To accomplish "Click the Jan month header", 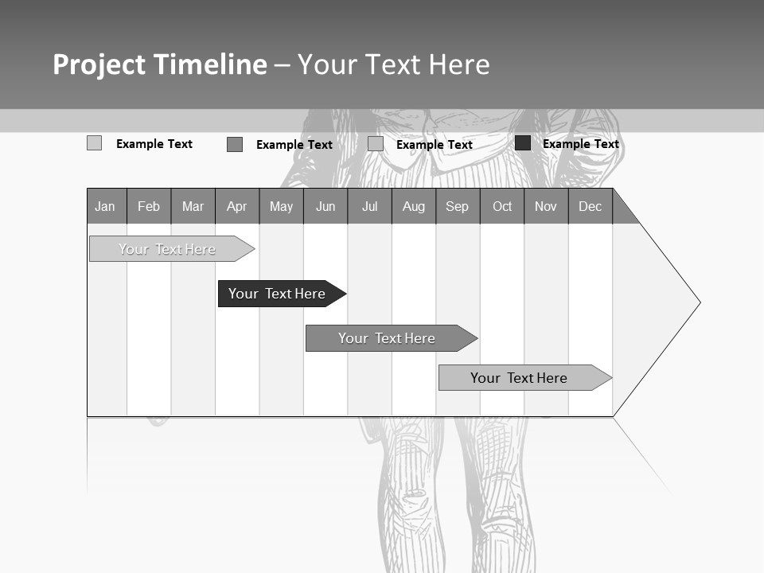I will (105, 207).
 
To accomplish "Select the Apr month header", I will (236, 207).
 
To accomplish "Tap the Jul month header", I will (369, 207).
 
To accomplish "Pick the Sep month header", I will (457, 207).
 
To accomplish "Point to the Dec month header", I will (590, 207).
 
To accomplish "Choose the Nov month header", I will (545, 207).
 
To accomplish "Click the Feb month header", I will (149, 207).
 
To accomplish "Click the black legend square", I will (523, 143).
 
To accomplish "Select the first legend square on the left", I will (95, 143).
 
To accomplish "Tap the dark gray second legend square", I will (235, 144).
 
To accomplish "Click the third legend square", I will (376, 144).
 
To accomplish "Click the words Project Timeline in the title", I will (160, 64).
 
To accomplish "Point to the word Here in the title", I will (459, 64).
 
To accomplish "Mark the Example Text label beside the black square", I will (580, 144).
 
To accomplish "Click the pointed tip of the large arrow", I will (699, 302).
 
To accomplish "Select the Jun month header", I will (325, 207).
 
